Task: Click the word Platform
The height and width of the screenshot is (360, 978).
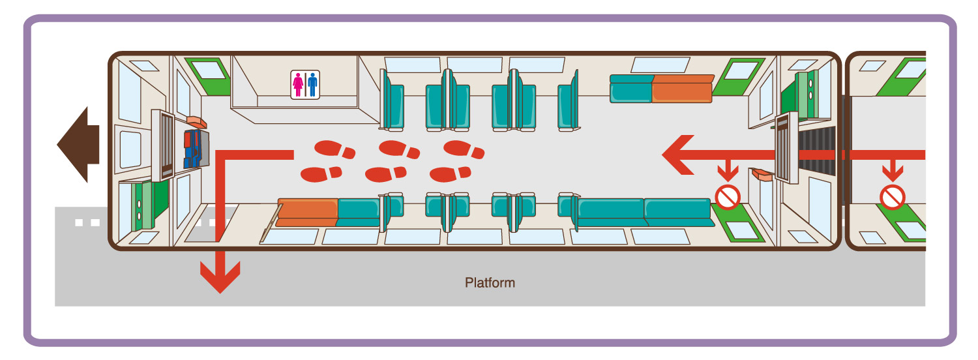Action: coord(490,283)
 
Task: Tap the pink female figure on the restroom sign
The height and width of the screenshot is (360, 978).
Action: coord(299,85)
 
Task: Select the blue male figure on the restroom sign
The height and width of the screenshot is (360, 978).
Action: coord(312,85)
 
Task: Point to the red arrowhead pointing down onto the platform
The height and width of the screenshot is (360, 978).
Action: coord(220,277)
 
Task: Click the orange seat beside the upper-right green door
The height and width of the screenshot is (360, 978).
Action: coord(682,89)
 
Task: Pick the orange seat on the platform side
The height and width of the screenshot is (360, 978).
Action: coord(308,212)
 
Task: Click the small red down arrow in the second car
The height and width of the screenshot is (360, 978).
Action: coord(892,172)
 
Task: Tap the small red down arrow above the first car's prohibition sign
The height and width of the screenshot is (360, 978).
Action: coord(727,172)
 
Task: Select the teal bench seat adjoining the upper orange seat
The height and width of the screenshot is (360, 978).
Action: coord(630,89)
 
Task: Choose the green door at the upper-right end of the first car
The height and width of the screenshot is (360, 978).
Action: coord(737,74)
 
